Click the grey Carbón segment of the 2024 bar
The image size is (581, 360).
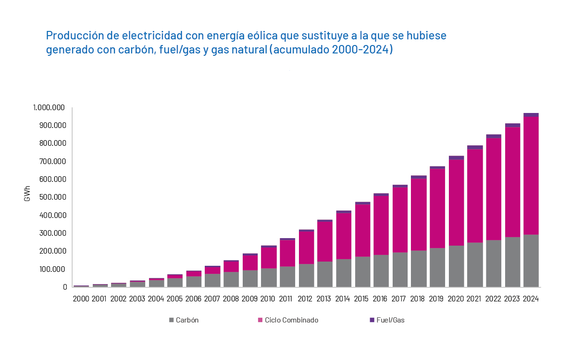(x=531, y=261)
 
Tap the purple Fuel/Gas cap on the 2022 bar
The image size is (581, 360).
(x=493, y=136)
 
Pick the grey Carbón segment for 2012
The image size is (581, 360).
(x=306, y=276)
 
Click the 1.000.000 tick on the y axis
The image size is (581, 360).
(x=49, y=108)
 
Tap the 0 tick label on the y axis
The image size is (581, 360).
(x=65, y=287)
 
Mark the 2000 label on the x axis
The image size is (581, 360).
(x=81, y=299)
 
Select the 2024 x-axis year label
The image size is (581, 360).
(x=531, y=299)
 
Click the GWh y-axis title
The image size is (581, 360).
(x=27, y=197)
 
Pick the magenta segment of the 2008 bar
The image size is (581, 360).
(x=231, y=266)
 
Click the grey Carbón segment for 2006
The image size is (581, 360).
(x=194, y=281)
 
